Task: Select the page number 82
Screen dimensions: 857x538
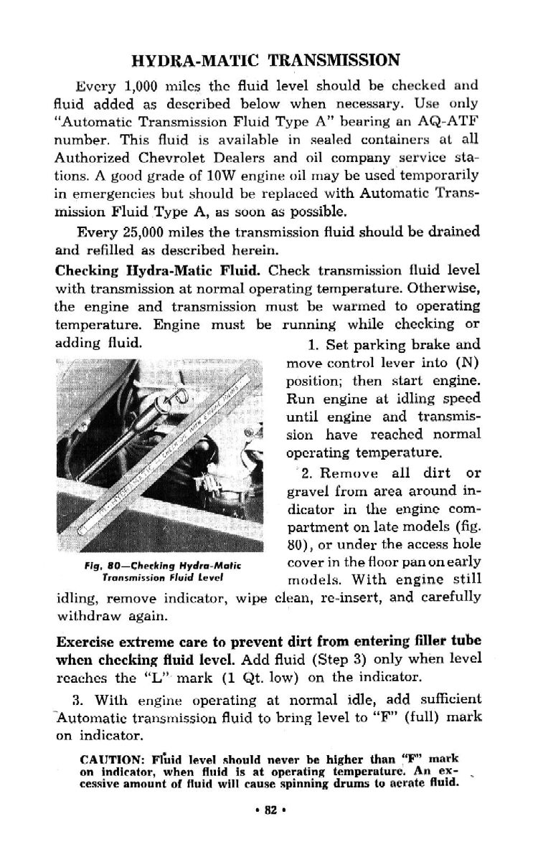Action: pyautogui.click(x=270, y=811)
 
